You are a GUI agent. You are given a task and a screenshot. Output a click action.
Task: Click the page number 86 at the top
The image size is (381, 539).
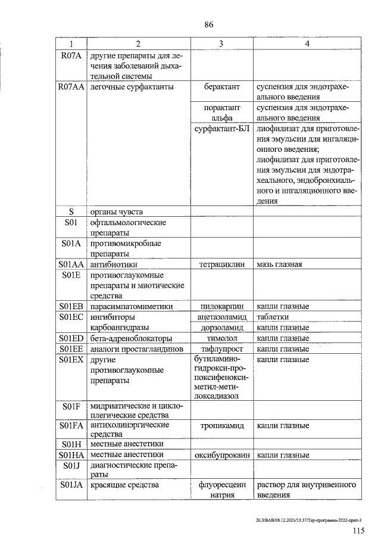click(208, 24)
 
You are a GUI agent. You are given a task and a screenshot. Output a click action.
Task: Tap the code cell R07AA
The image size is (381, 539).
click(71, 88)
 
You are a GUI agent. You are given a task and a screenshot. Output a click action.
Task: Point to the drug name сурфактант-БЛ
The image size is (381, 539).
click(221, 128)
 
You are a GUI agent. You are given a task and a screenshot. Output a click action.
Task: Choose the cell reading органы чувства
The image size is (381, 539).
click(115, 211)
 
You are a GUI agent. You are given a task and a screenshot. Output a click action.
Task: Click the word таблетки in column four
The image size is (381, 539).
click(273, 317)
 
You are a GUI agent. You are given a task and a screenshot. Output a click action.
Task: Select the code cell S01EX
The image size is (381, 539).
click(71, 360)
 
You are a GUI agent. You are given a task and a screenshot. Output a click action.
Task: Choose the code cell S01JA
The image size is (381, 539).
click(71, 485)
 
